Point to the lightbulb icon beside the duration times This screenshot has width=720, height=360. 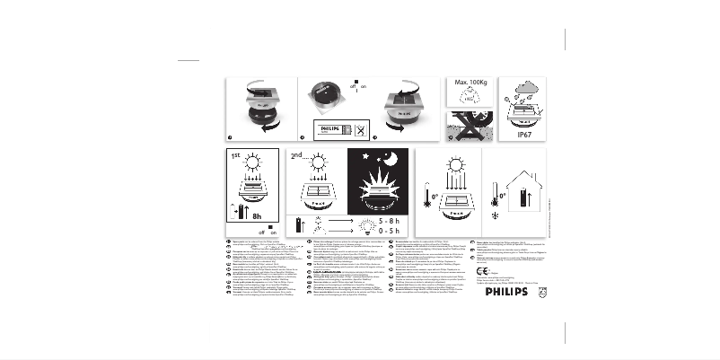365,224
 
